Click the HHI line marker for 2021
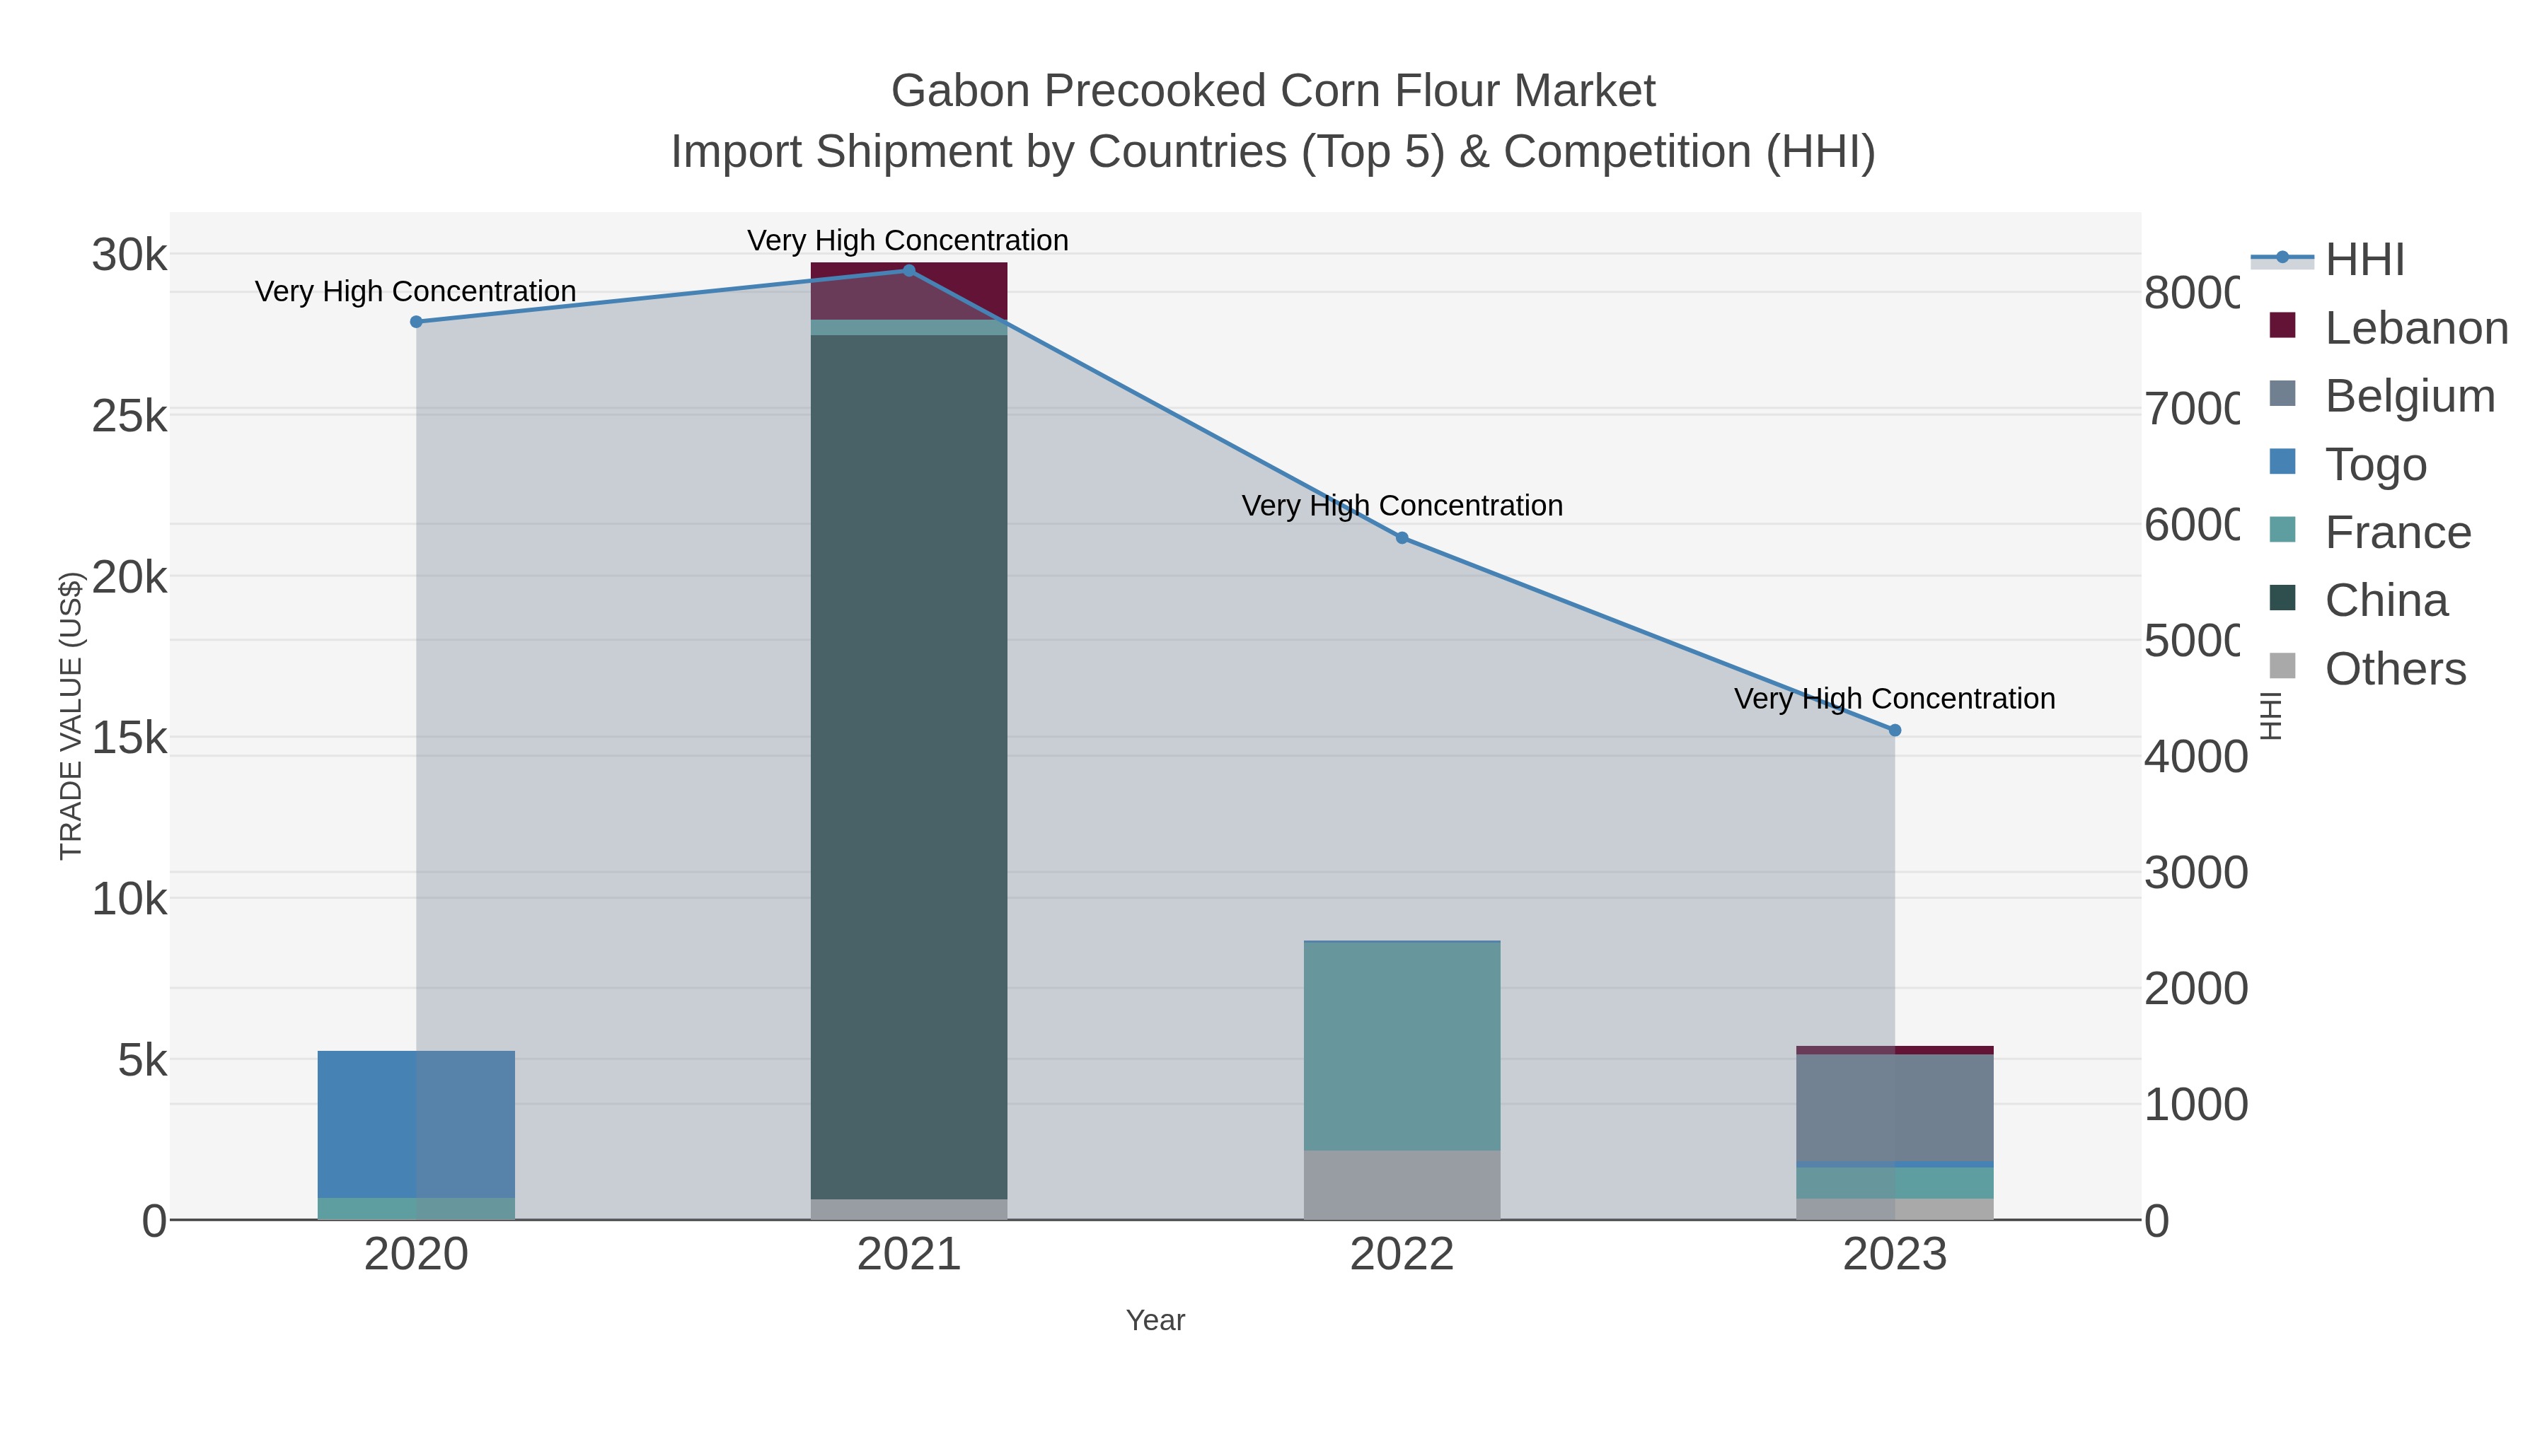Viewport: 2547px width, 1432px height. (x=908, y=271)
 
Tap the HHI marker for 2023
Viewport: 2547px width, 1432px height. (x=1895, y=730)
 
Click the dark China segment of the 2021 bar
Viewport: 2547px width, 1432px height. (x=908, y=767)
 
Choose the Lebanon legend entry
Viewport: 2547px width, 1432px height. (x=2415, y=328)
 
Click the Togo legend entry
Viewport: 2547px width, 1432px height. (x=2375, y=465)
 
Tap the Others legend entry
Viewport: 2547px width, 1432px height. (x=2395, y=669)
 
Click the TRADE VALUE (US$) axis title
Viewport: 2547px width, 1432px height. (x=71, y=716)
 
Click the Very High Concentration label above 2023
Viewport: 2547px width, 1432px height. (x=1895, y=699)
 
